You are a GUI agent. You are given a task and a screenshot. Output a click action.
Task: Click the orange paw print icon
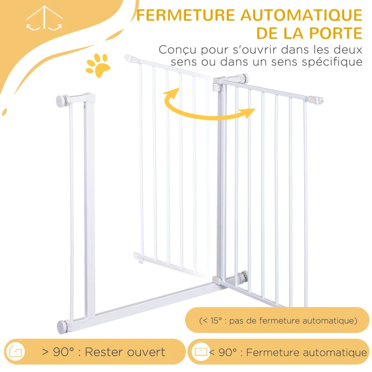pos(98,64)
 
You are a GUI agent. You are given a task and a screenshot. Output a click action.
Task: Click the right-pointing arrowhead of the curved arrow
pos(249,113)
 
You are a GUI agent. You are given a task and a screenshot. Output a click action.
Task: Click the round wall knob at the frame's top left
pos(62,100)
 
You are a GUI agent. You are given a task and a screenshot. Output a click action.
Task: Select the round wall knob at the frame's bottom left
pos(63,326)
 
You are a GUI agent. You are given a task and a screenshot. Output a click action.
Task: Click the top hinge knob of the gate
pos(243,78)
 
